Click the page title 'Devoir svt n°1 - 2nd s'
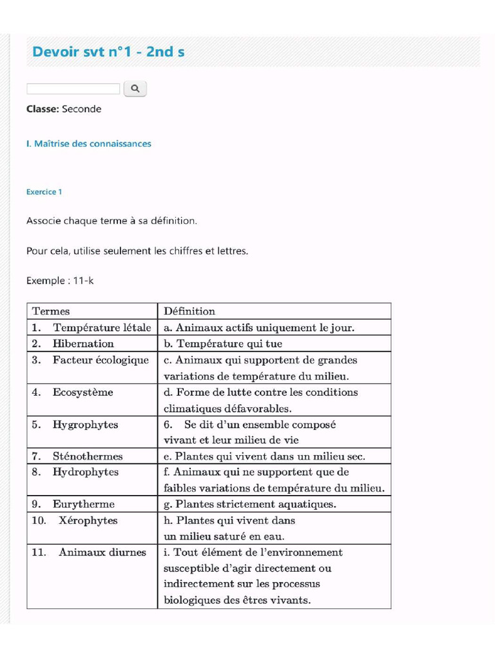tap(108, 52)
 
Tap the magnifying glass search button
tap(135, 88)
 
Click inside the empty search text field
tap(73, 89)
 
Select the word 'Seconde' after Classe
tap(82, 109)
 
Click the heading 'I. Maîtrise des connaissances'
tap(89, 144)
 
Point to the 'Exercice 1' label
tap(44, 192)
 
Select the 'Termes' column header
tap(51, 311)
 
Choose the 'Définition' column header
tap(189, 311)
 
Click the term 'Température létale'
tap(102, 327)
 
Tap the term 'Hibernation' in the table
tap(83, 344)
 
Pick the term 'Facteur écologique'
tap(101, 360)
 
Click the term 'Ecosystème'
tap(82, 392)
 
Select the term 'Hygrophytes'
tap(85, 425)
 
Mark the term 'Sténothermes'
tap(87, 456)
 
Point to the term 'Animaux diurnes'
tap(102, 552)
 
